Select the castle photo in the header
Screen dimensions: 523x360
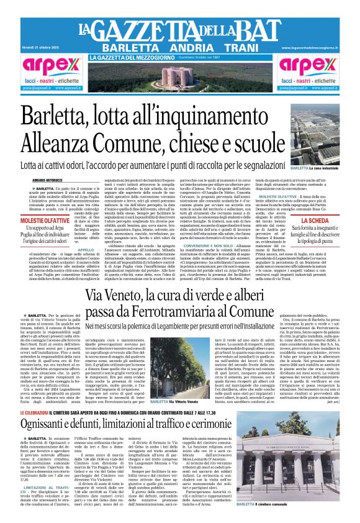pyautogui.click(x=179, y=79)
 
